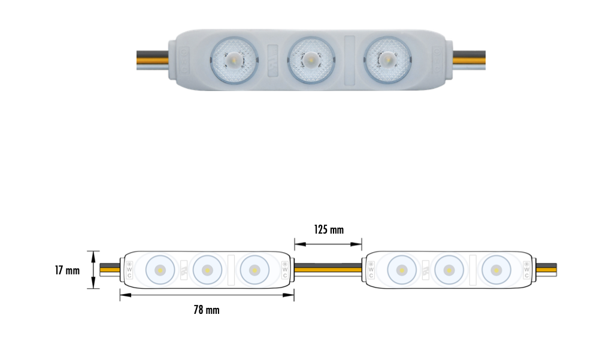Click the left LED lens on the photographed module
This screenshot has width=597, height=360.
tap(234, 59)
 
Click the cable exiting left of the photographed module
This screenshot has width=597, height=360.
tap(152, 60)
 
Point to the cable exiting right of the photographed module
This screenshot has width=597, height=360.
tap(468, 60)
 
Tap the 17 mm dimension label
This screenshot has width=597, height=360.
tap(67, 271)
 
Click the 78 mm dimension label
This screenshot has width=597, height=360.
tap(206, 310)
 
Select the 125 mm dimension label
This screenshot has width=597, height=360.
tap(329, 229)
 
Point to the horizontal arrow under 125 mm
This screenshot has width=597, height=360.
tap(328, 244)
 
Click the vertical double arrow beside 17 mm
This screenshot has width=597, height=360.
tap(93, 270)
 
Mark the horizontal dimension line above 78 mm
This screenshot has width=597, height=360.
tap(207, 295)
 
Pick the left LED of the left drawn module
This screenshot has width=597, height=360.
tap(159, 270)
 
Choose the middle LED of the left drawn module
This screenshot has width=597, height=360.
tap(207, 270)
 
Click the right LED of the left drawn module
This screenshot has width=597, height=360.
tap(254, 270)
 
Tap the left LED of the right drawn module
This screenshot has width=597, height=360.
tap(401, 270)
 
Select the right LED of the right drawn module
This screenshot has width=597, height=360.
tap(495, 270)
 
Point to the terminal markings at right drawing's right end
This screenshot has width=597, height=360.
tap(526, 270)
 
